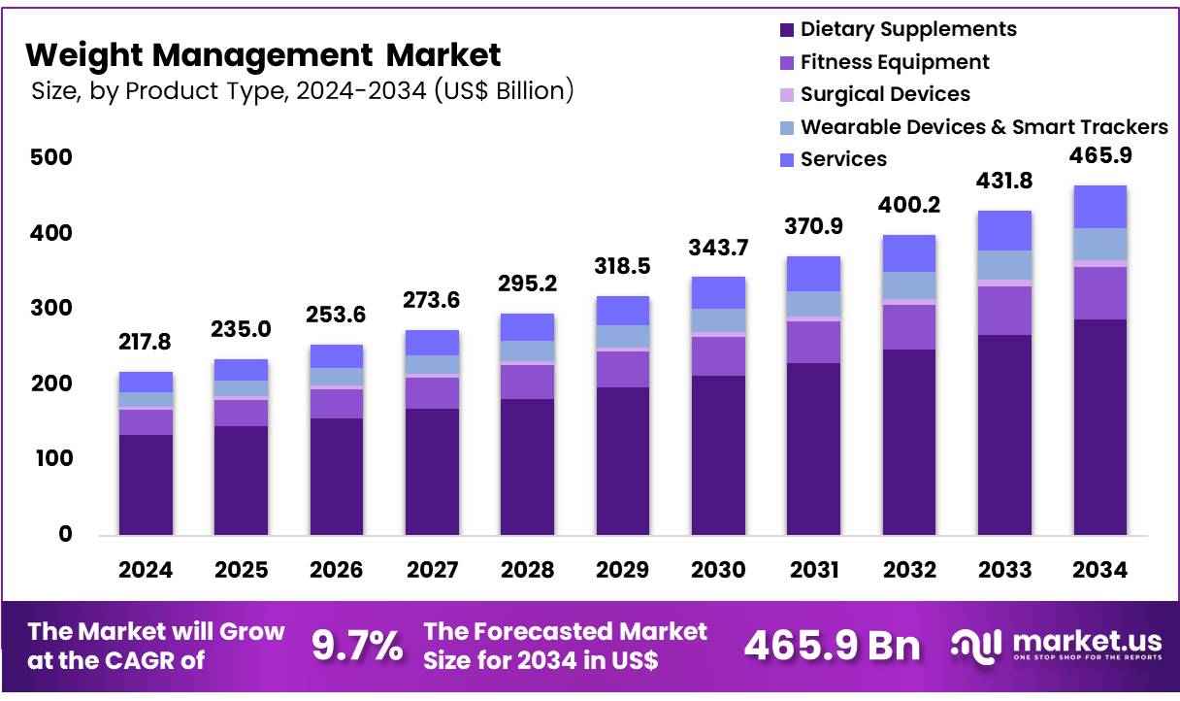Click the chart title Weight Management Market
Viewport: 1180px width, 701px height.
coord(263,54)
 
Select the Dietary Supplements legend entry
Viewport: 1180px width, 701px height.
coord(907,29)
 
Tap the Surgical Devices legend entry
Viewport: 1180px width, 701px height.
coord(884,94)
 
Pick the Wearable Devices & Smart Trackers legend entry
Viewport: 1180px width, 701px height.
coord(983,126)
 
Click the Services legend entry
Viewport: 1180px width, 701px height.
coord(842,158)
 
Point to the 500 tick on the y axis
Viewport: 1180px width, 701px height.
coord(51,157)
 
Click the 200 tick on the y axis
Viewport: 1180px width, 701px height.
coord(51,384)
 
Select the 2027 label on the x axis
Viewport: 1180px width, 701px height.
coord(432,570)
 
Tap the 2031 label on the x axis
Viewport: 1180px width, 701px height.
coord(814,570)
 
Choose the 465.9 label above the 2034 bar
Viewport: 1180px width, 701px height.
coord(1100,156)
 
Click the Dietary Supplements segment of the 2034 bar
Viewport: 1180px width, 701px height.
coord(1100,427)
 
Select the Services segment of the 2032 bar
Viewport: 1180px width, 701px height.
coord(909,253)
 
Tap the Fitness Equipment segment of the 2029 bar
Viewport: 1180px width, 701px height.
coord(623,369)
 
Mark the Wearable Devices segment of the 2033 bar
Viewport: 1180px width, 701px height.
coord(1004,265)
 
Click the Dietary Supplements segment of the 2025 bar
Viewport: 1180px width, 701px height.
coord(241,481)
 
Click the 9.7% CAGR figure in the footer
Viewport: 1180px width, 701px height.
coord(357,646)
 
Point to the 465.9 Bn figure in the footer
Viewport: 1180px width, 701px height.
coord(832,647)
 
